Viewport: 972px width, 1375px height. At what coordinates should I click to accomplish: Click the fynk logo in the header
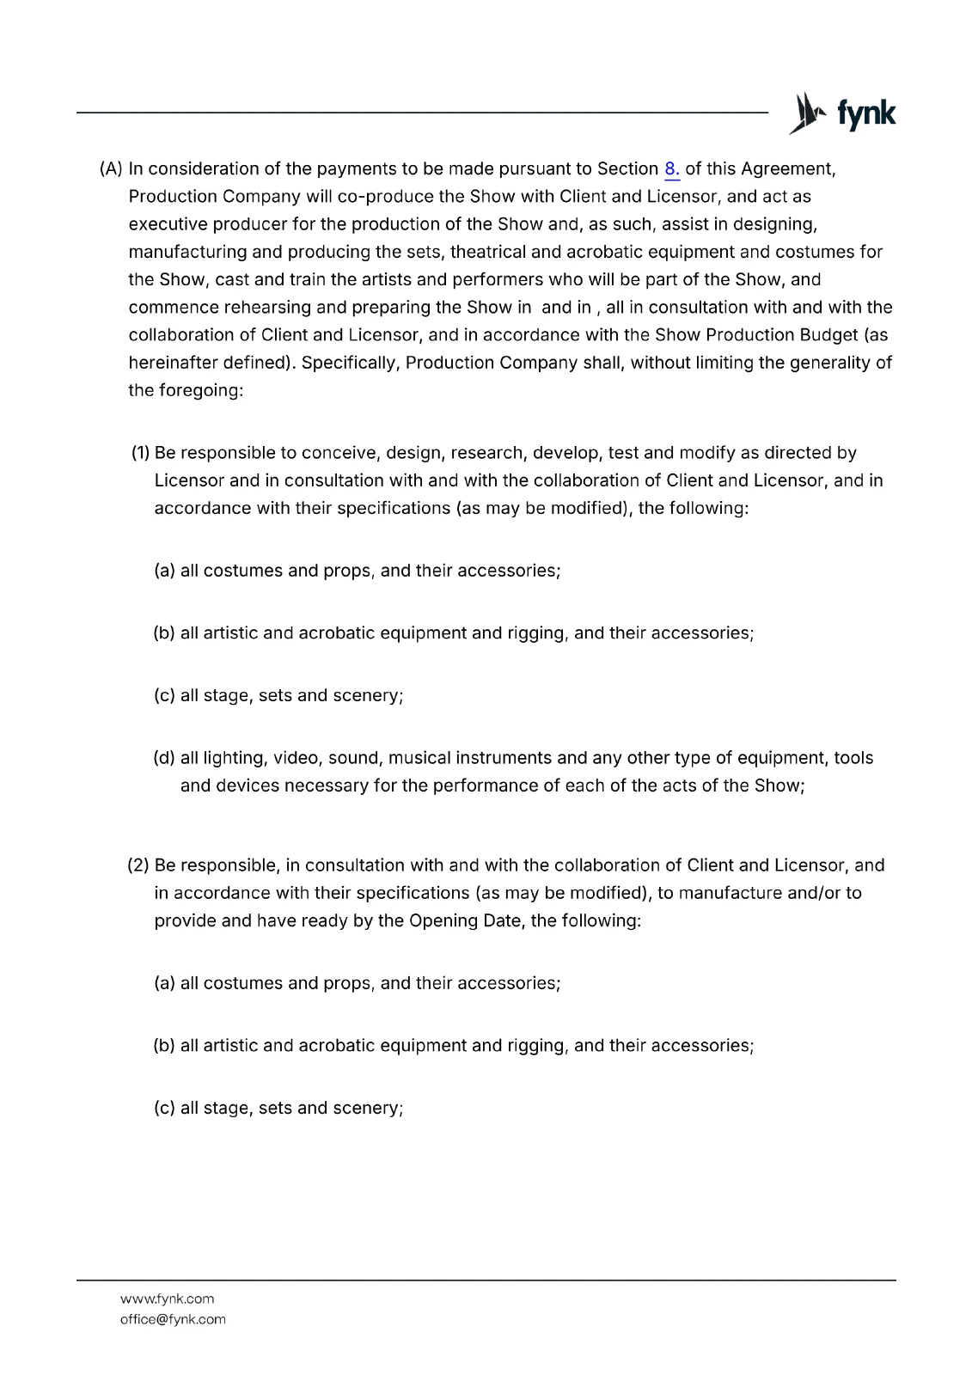tap(842, 113)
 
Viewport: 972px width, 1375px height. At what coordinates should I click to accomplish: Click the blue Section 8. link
tap(672, 169)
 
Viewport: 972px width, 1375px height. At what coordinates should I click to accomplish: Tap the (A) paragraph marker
tap(112, 169)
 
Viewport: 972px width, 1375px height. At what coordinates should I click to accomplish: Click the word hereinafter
tap(168, 363)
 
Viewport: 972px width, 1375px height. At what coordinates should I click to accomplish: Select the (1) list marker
tap(141, 453)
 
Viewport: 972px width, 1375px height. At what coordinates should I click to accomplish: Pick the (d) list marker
tap(164, 758)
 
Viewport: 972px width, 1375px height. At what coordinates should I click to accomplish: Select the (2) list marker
tap(138, 865)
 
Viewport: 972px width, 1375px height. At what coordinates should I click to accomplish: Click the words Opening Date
tap(465, 920)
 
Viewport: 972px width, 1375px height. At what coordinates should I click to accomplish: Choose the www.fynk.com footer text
tap(167, 1299)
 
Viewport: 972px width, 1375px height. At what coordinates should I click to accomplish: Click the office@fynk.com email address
tap(173, 1319)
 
